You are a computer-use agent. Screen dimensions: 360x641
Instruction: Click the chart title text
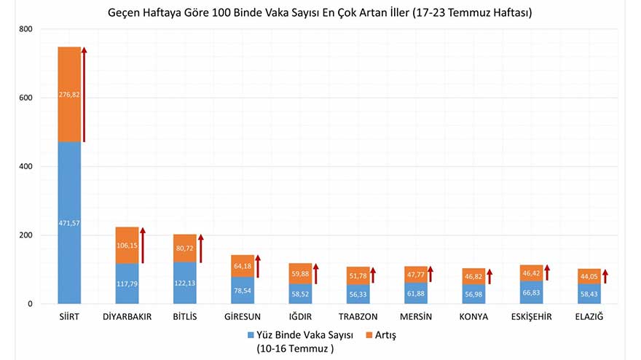[x=320, y=13]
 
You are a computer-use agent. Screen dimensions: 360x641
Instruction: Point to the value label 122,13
[x=185, y=283]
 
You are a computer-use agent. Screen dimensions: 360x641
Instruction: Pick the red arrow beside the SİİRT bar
[x=84, y=94]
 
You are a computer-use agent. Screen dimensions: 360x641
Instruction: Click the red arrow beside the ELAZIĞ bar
[x=605, y=276]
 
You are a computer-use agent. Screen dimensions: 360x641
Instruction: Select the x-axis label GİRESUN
[x=243, y=317]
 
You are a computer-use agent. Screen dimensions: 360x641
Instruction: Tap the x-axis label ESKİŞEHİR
[x=531, y=317]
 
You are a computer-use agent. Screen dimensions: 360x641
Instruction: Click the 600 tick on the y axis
[x=26, y=98]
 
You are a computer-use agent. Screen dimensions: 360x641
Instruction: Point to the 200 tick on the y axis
[x=26, y=235]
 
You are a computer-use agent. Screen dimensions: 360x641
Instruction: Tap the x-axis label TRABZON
[x=358, y=317]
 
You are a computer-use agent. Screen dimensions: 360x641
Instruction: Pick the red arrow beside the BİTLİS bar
[x=201, y=248]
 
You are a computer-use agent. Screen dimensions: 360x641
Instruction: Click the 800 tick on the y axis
[x=26, y=29]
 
